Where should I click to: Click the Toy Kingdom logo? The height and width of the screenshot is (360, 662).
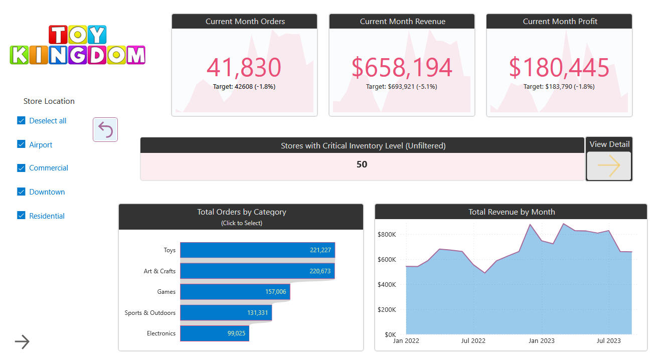(x=77, y=45)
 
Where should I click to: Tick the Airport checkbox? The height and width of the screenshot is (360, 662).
(x=21, y=144)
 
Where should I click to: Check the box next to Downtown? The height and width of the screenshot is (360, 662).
(x=21, y=192)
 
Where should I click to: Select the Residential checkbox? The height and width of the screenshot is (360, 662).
(x=21, y=216)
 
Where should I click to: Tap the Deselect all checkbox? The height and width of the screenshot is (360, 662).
(x=21, y=120)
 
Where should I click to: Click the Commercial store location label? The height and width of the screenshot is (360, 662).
(x=49, y=168)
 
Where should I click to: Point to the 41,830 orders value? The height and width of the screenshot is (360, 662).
(x=244, y=68)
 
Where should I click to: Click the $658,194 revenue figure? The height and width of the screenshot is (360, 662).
(x=402, y=68)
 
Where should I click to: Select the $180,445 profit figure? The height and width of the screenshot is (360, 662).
(x=559, y=68)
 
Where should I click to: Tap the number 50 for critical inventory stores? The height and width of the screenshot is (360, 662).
(x=362, y=164)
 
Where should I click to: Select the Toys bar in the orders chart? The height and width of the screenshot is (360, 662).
(x=257, y=250)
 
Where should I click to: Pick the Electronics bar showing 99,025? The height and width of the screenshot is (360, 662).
(x=214, y=333)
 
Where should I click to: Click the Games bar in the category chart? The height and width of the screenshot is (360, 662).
(x=235, y=292)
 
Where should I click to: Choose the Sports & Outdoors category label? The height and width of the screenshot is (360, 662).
(x=150, y=313)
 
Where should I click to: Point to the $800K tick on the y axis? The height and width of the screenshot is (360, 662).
(x=387, y=234)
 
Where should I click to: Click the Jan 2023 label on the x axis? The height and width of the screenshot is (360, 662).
(x=541, y=341)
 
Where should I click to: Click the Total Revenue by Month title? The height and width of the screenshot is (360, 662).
(x=512, y=212)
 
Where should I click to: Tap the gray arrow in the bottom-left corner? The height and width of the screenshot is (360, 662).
(x=22, y=342)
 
